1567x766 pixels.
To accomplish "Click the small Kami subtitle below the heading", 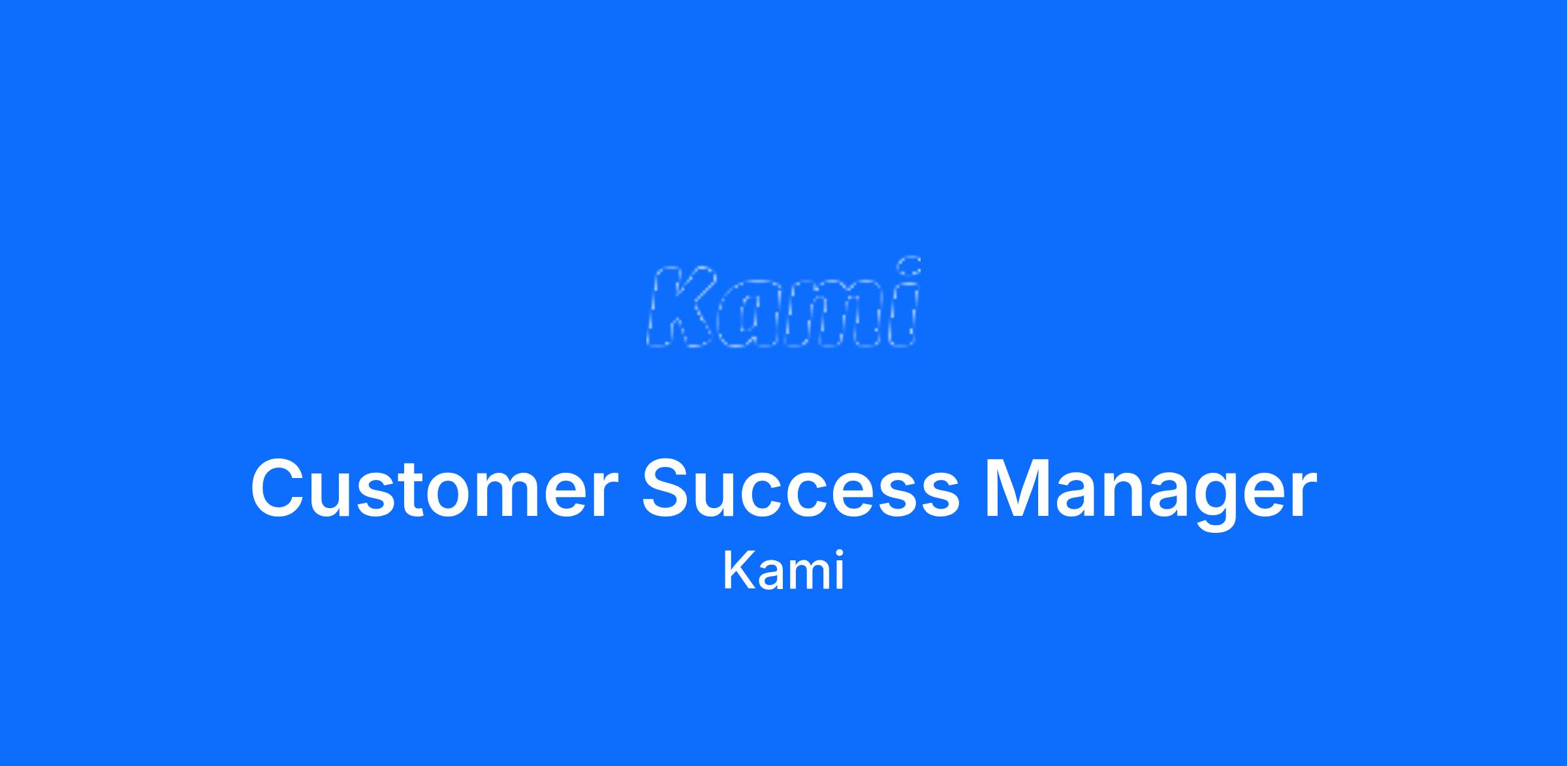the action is (x=783, y=571).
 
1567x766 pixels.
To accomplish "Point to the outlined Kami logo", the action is (x=783, y=302).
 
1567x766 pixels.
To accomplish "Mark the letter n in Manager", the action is (x=1144, y=496).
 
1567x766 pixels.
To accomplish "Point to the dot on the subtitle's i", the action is (x=838, y=555).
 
